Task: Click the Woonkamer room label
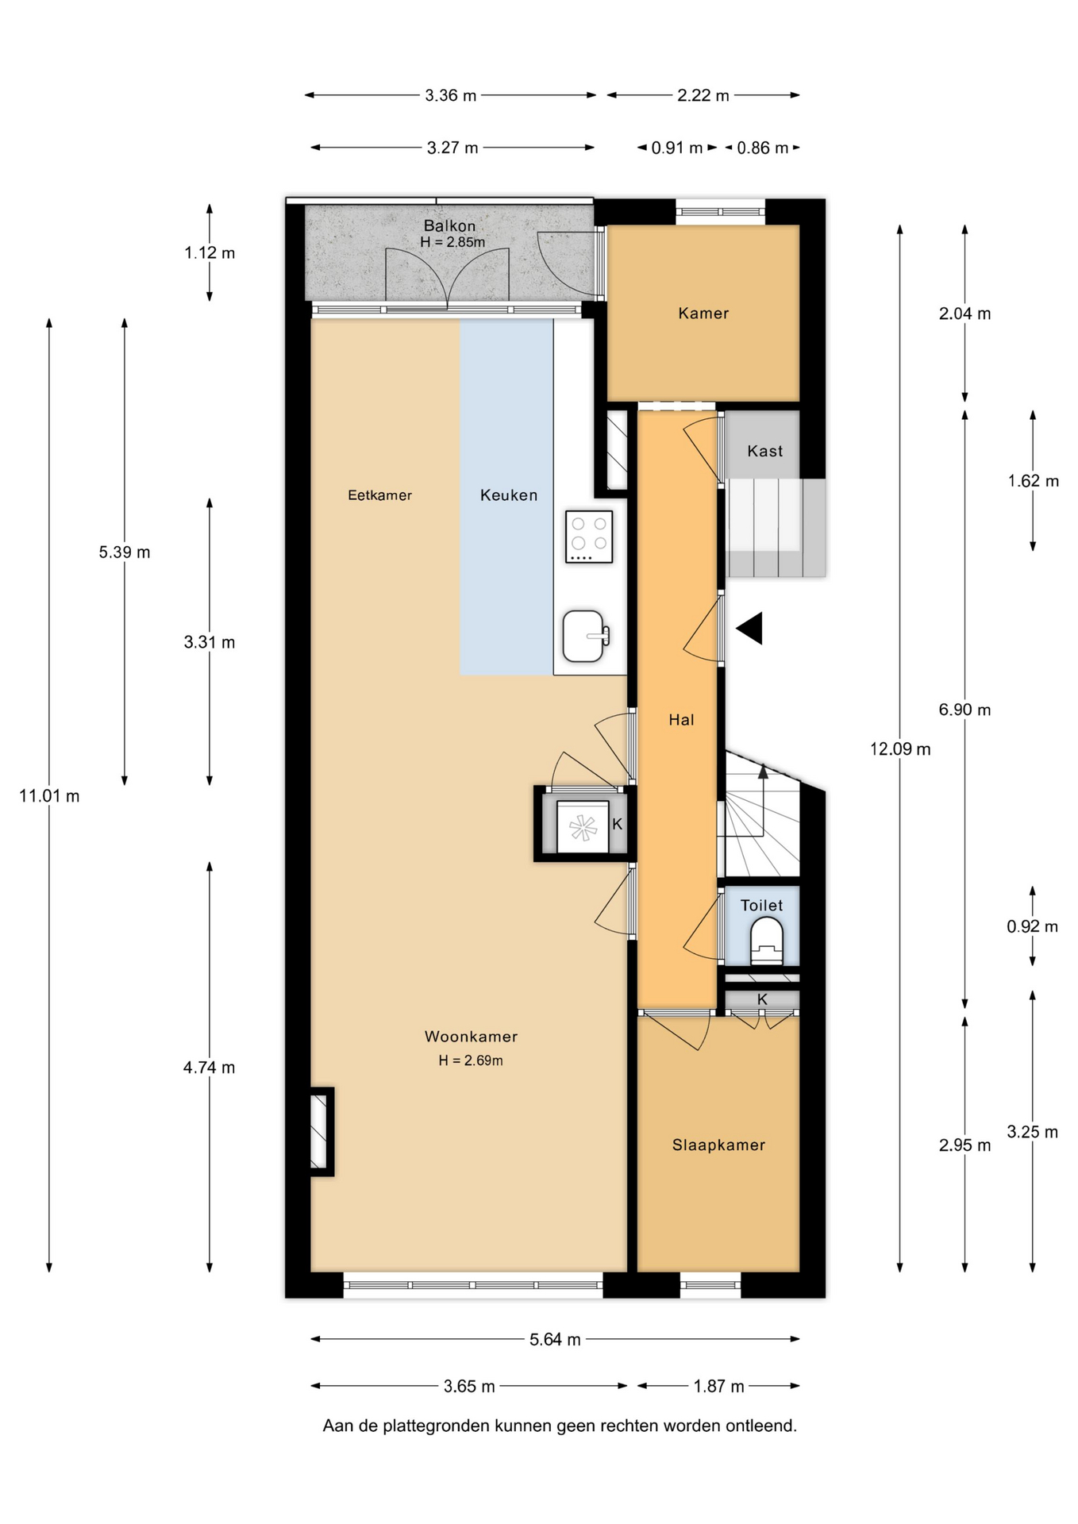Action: pos(471,1036)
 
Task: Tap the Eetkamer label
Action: pos(379,495)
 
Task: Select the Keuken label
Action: pos(509,495)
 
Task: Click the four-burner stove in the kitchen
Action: pos(589,537)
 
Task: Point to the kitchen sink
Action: pos(586,636)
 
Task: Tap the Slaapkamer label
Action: pos(718,1145)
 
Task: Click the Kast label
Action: pos(764,451)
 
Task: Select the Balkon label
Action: pos(449,226)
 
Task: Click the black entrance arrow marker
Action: pos(749,628)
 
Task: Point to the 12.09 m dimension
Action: pos(900,749)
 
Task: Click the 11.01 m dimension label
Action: pos(49,795)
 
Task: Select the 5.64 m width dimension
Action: pos(555,1339)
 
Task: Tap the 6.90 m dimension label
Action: pos(964,710)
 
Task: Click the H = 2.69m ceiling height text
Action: pos(471,1060)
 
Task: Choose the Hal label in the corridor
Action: pos(681,720)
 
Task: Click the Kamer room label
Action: pos(703,314)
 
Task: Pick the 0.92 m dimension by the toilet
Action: pos(1032,926)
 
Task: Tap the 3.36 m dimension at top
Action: pos(450,95)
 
